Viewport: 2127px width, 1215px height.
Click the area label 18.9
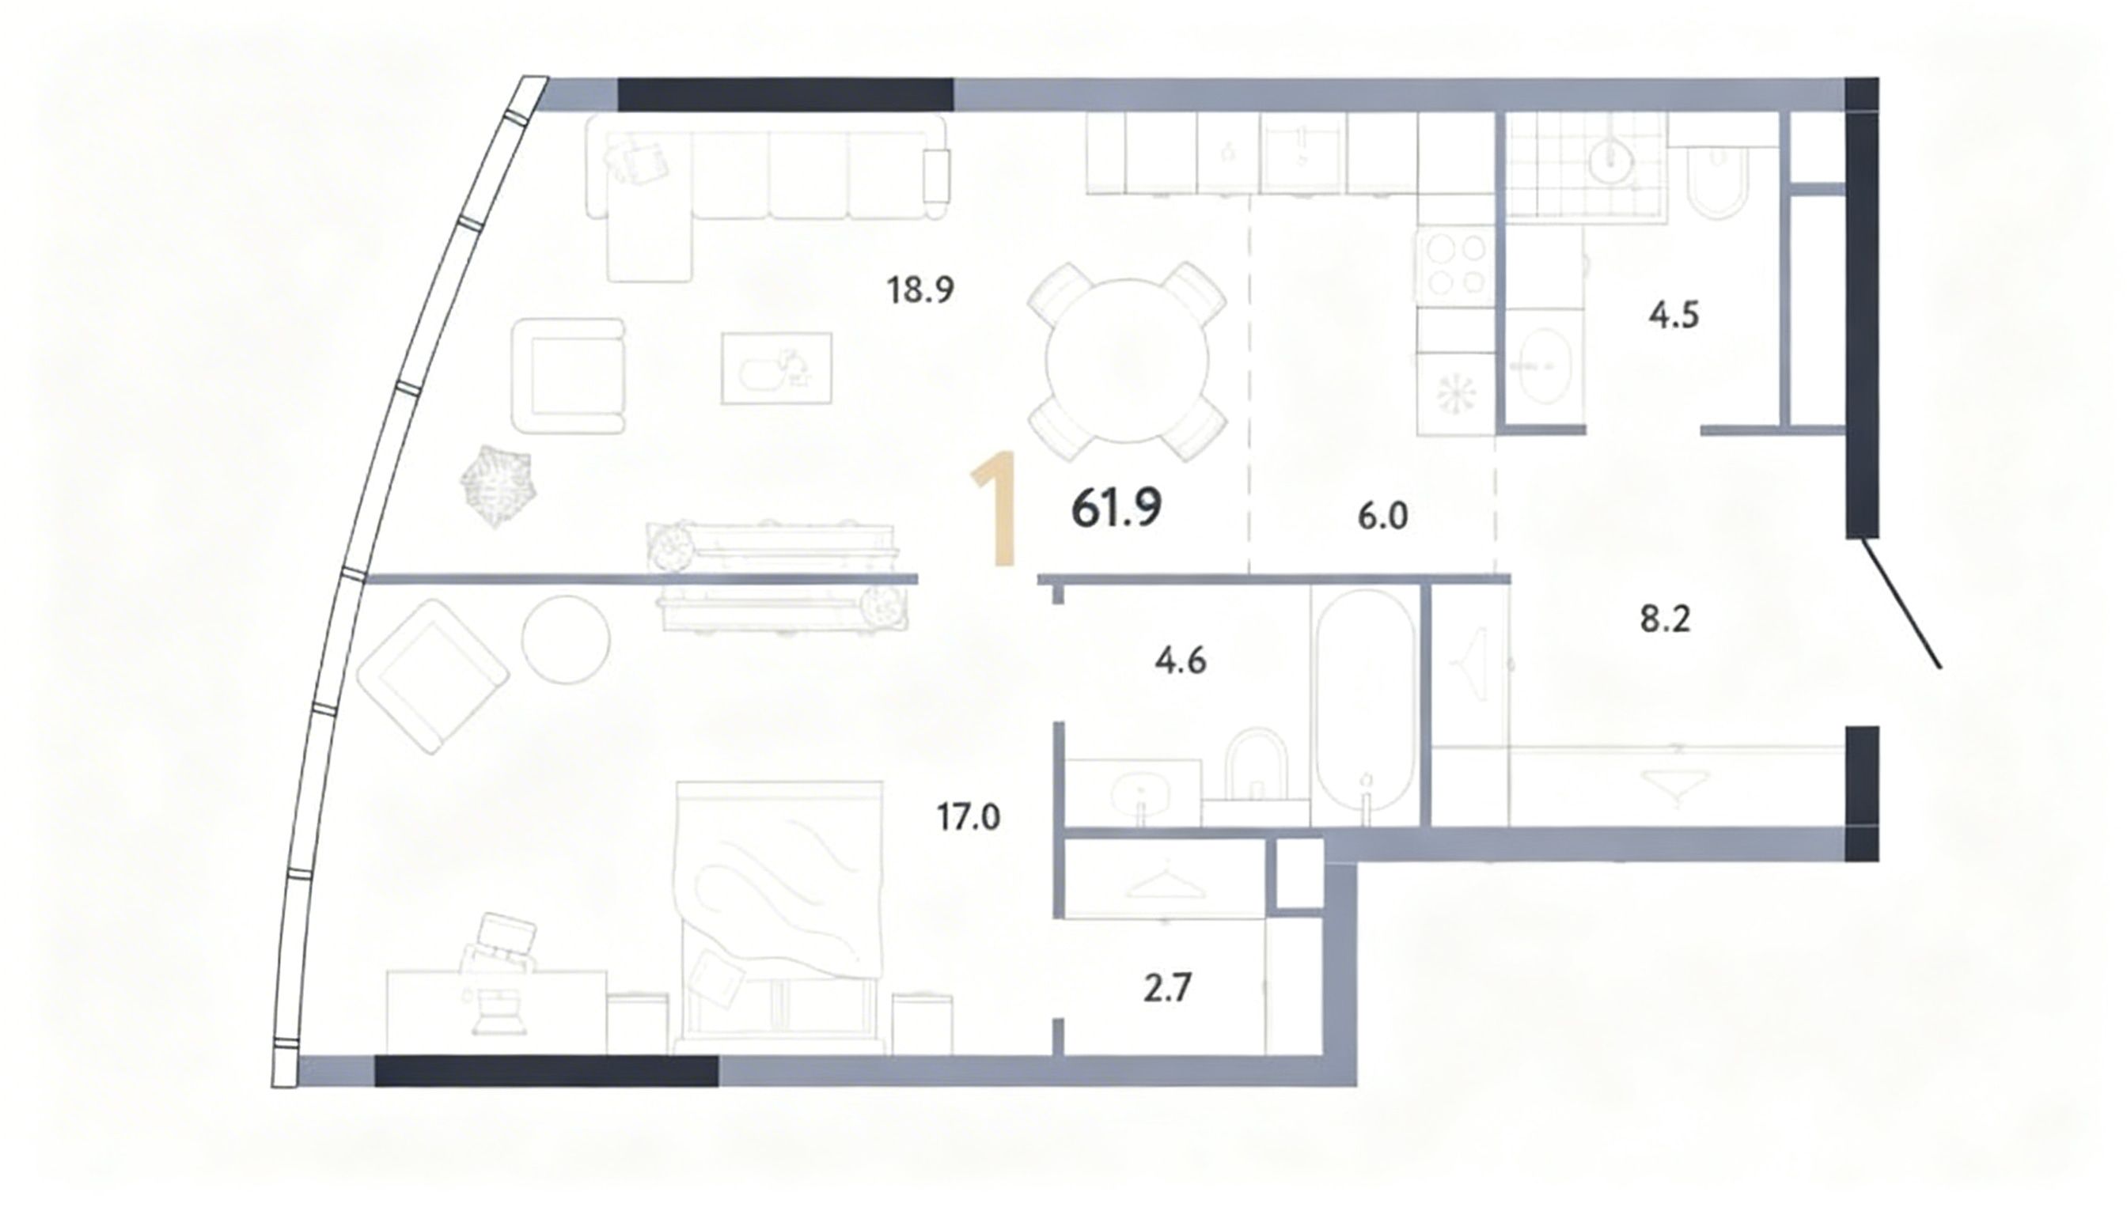[920, 290]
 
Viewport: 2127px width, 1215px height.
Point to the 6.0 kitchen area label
[1382, 517]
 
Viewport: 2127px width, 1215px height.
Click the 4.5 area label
[1674, 316]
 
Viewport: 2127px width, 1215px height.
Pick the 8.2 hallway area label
[1665, 620]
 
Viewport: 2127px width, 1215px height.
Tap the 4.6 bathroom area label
[1181, 661]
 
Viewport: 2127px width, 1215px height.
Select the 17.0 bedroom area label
[968, 817]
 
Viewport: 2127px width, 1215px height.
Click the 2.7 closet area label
[1166, 989]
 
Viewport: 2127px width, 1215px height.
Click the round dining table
[1127, 361]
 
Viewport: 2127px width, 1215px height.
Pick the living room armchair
[568, 376]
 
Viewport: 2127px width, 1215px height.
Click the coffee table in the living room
[776, 368]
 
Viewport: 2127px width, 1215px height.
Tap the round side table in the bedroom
[566, 640]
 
